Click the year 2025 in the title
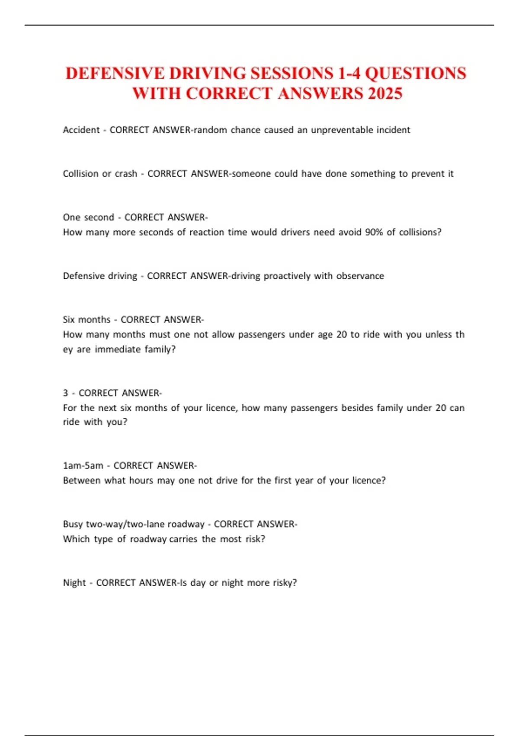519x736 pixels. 385,94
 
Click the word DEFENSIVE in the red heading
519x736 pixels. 115,73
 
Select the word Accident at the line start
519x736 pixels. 81,130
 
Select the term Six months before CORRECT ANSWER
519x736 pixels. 86,320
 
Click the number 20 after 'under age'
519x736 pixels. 342,334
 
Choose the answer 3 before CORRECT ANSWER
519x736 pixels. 65,393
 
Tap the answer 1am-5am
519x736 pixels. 83,465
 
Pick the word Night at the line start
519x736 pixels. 74,582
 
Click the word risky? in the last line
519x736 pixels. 285,582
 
